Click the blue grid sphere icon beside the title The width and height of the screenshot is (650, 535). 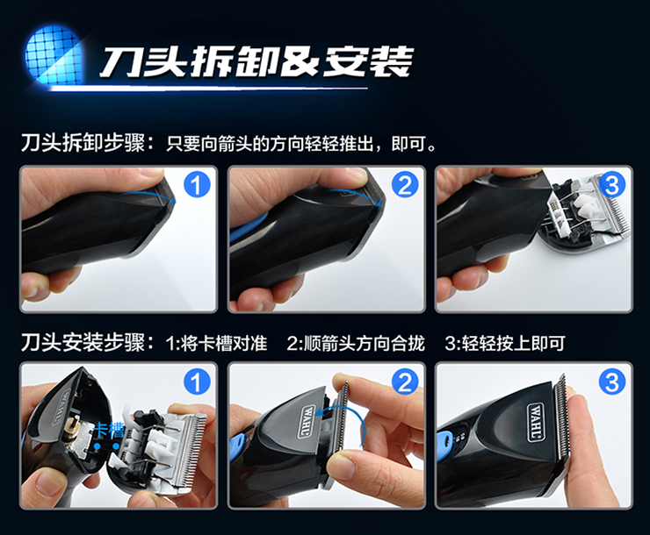[54, 55]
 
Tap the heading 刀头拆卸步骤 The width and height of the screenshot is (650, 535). [83, 144]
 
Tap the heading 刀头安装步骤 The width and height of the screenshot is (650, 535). [83, 343]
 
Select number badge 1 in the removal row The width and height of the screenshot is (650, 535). [197, 185]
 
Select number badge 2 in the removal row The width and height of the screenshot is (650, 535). [405, 185]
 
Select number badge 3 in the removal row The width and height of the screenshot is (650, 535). [612, 185]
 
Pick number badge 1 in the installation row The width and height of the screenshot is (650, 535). [197, 382]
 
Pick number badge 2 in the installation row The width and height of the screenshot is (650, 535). [405, 382]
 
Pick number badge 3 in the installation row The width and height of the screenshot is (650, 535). [612, 382]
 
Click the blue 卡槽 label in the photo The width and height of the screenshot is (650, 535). [110, 431]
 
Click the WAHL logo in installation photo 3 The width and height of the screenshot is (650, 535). [536, 422]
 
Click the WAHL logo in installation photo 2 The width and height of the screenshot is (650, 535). [307, 422]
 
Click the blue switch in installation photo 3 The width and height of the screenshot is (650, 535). [444, 439]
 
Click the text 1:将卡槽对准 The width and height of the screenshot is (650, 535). [216, 344]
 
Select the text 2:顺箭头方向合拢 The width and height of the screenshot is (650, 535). [356, 344]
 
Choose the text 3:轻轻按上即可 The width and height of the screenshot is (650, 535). [505, 344]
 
